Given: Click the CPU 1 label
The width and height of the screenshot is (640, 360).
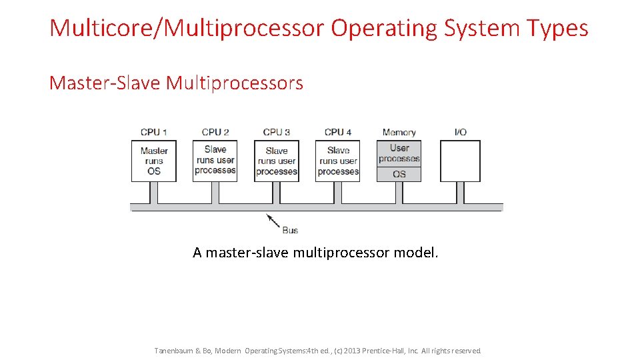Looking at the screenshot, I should pyautogui.click(x=154, y=132).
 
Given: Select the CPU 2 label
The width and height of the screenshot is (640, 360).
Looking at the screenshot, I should pyautogui.click(x=215, y=132).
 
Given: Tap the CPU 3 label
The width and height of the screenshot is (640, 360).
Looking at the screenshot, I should pyautogui.click(x=277, y=132).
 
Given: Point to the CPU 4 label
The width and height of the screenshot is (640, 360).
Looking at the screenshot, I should pyautogui.click(x=338, y=132).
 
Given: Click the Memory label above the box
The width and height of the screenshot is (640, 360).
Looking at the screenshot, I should pyautogui.click(x=399, y=132).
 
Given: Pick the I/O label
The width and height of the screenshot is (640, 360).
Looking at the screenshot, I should pyautogui.click(x=460, y=132).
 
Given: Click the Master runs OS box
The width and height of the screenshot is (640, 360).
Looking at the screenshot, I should pyautogui.click(x=154, y=161).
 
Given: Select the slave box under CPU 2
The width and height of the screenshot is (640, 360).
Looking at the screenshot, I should pyautogui.click(x=215, y=161).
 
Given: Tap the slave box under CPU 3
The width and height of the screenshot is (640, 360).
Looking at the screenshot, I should pyautogui.click(x=277, y=161).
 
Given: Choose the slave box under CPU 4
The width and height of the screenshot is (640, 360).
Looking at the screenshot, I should pyautogui.click(x=338, y=161).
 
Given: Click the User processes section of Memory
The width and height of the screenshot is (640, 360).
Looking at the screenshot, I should pyautogui.click(x=399, y=153).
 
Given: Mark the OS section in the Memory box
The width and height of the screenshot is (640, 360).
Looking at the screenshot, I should pyautogui.click(x=399, y=174).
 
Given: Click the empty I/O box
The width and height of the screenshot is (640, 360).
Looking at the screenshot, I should pyautogui.click(x=460, y=161).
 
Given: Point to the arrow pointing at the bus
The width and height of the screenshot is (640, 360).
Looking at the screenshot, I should pyautogui.click(x=273, y=221).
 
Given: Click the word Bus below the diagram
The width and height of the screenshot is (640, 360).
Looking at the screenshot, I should pyautogui.click(x=290, y=230).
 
